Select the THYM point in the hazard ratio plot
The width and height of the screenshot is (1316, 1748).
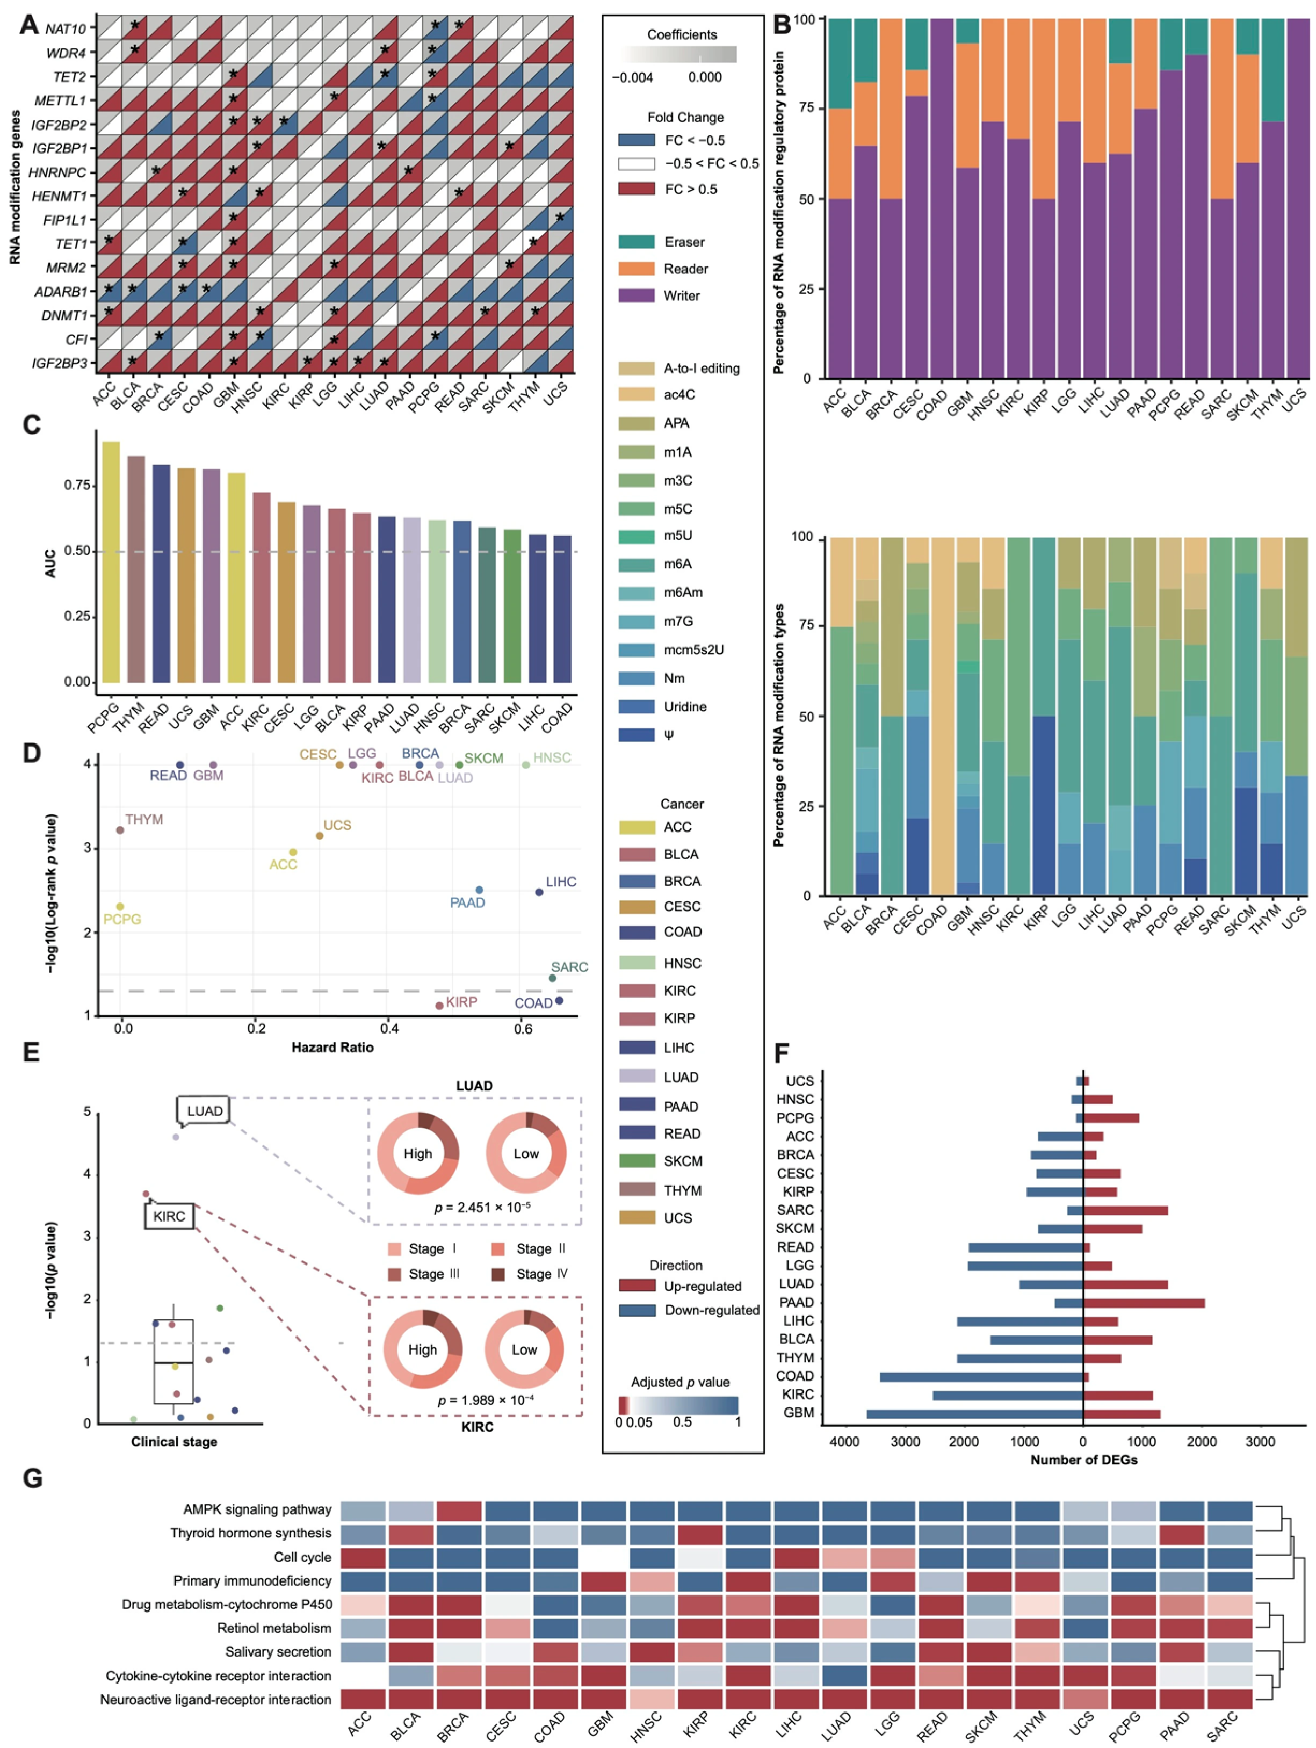tap(120, 830)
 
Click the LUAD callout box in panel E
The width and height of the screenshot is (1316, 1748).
tap(204, 1111)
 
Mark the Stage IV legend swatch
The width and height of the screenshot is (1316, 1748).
tap(498, 1274)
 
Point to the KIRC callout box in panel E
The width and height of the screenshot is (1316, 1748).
tap(169, 1216)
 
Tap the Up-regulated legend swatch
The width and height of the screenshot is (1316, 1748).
tap(637, 1285)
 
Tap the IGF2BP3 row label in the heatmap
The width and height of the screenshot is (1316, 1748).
tap(60, 364)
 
